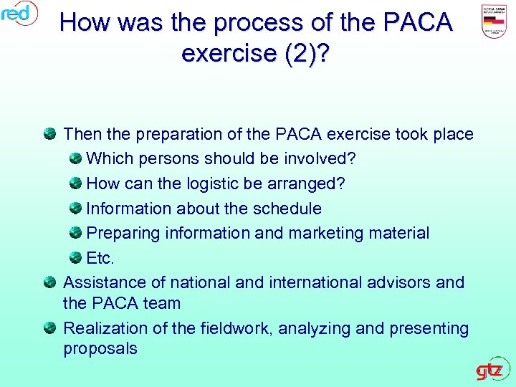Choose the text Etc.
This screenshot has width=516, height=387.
[100, 258]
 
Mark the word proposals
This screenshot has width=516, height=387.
[100, 349]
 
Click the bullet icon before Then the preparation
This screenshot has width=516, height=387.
[49, 133]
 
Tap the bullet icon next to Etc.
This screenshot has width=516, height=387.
[75, 257]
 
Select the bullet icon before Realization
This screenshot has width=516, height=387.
[49, 328]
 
